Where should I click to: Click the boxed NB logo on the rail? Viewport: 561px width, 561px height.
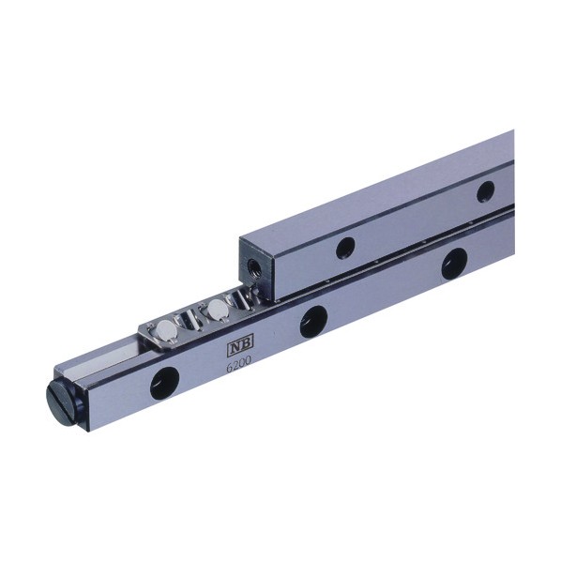pos(240,345)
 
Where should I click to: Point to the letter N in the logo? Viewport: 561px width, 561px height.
pos(235,346)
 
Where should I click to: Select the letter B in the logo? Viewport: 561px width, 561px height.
pos(246,343)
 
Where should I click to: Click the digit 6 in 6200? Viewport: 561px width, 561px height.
pos(229,368)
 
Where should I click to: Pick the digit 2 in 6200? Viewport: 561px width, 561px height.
pos(235,366)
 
